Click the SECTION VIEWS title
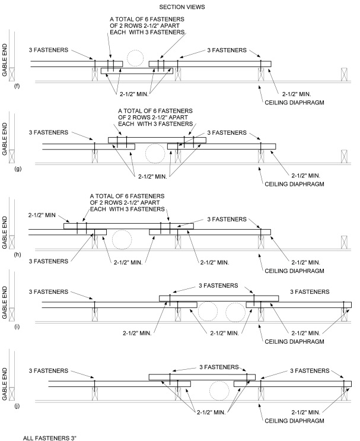182,7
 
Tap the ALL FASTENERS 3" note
49,438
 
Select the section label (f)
17,86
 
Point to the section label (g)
18,169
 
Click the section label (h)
17,255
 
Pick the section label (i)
17,326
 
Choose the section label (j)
17,406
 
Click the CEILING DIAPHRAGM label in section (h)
294,271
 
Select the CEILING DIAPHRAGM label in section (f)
294,102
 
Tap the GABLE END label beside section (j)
5,383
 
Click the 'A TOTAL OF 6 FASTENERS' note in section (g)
155,118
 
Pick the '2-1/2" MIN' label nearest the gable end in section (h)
42,215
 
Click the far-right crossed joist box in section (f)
344,74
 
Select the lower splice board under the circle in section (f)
137,71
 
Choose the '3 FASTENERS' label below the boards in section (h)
49,261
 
